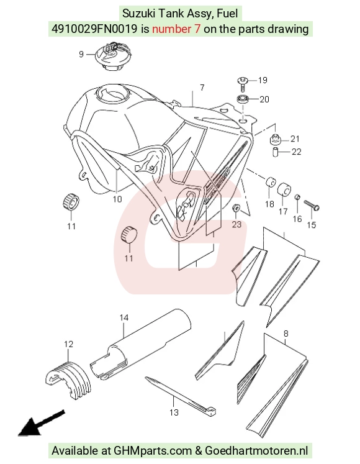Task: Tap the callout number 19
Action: tap(263, 80)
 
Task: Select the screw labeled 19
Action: tap(243, 83)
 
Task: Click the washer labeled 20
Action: tap(243, 99)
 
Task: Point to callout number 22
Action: tap(296, 152)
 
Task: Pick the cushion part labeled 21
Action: tap(275, 139)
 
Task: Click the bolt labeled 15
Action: tap(312, 205)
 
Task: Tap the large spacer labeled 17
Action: tap(284, 189)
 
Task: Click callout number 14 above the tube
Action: tap(124, 318)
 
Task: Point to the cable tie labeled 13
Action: tap(181, 394)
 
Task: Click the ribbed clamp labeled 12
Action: tap(68, 380)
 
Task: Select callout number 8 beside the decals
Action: tap(286, 334)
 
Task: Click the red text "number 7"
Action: tap(176, 29)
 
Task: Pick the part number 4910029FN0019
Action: tap(94, 29)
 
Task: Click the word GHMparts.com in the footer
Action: tap(153, 451)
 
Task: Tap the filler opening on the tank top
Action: tap(113, 94)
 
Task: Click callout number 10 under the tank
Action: tap(117, 199)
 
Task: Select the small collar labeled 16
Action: tap(297, 197)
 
